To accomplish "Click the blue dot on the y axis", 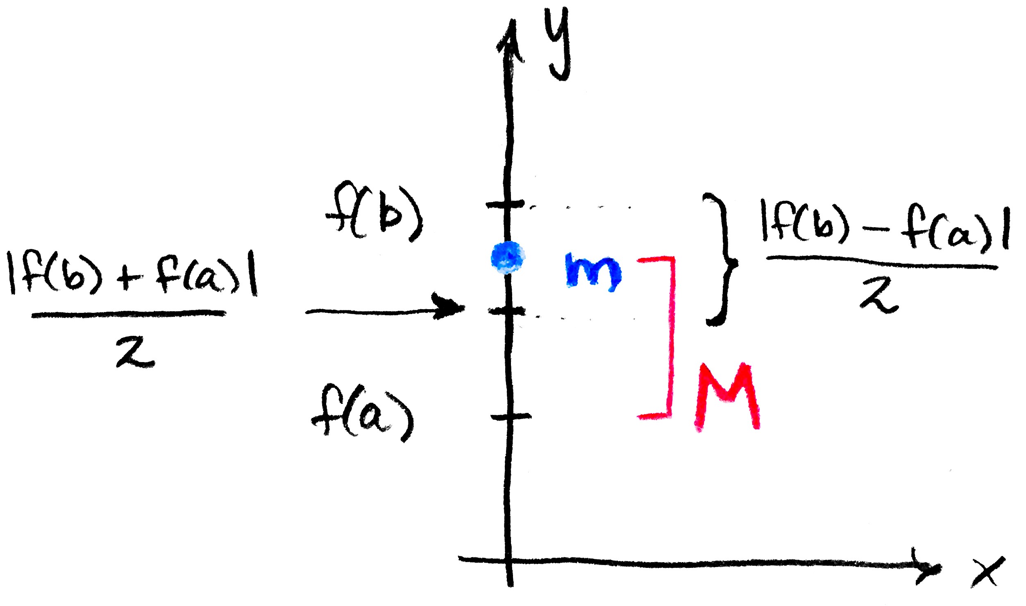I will [x=508, y=257].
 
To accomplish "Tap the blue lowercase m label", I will [x=593, y=272].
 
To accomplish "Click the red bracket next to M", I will [x=671, y=336].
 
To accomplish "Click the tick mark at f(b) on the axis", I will [x=505, y=204].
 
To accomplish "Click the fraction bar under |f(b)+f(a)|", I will [x=128, y=314].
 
